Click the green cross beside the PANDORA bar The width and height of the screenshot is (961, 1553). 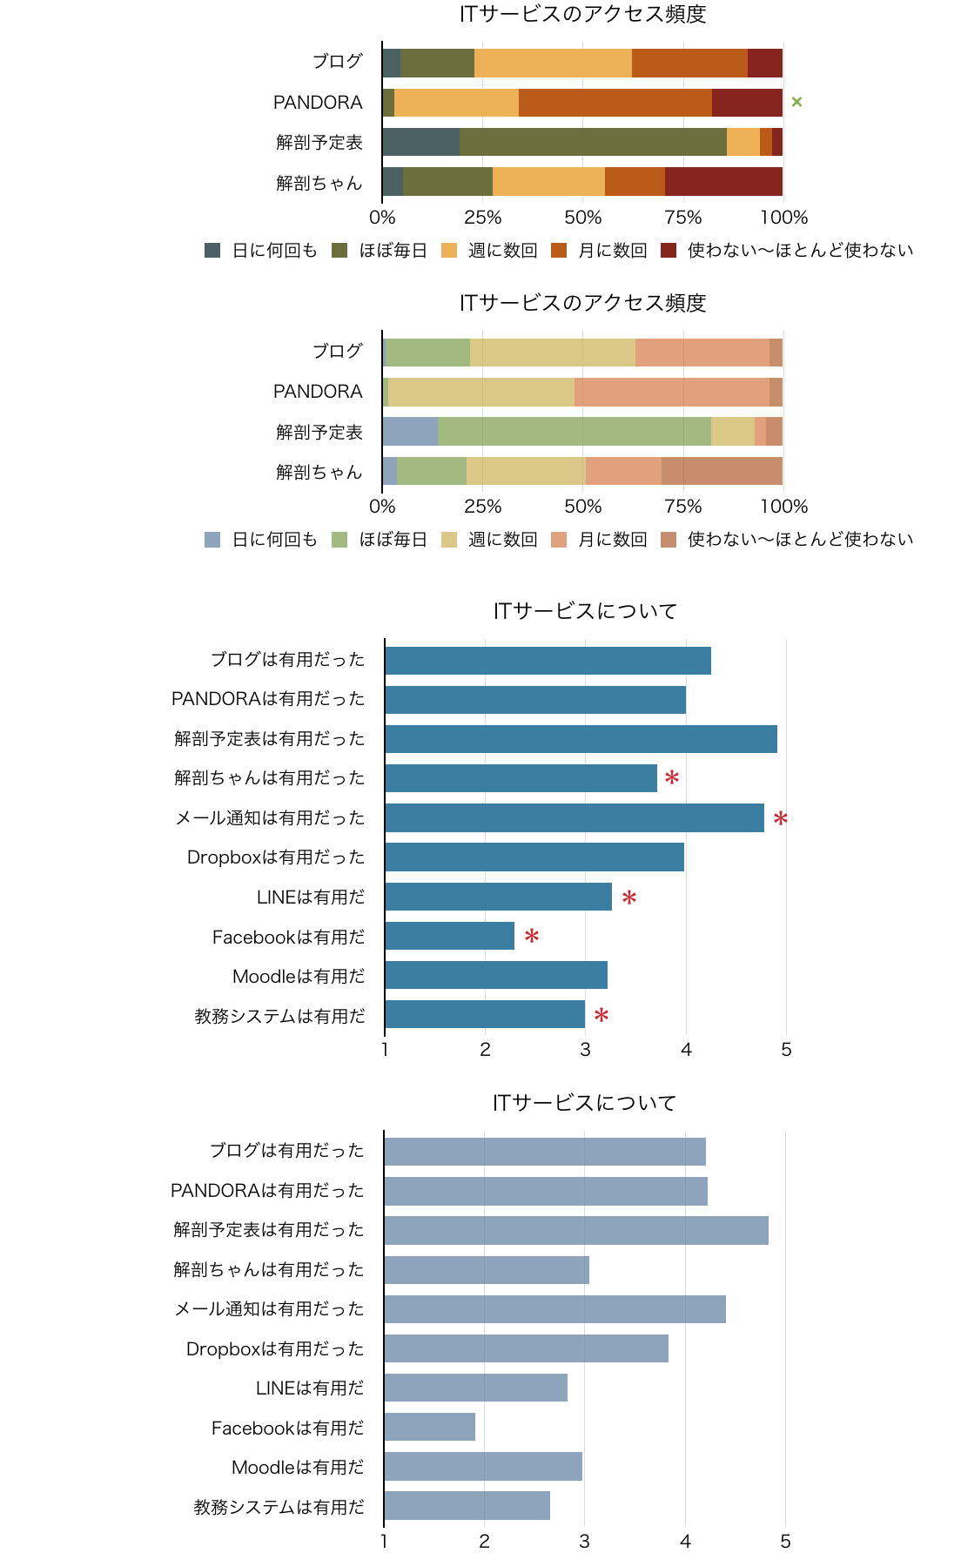coord(796,102)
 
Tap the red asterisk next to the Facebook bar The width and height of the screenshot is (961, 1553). coord(532,937)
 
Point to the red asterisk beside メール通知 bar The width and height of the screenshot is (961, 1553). coord(781,818)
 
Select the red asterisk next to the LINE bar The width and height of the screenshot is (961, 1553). coord(629,898)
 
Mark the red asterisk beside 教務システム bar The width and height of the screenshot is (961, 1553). coord(601,1015)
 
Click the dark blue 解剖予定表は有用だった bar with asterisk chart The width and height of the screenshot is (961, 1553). coord(581,739)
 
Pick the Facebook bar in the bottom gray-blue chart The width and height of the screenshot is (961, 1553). coord(430,1427)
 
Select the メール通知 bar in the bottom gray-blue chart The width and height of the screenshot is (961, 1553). coord(554,1309)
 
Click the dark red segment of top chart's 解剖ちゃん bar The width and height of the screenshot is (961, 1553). coord(723,182)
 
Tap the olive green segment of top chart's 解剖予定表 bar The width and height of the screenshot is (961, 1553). coord(593,142)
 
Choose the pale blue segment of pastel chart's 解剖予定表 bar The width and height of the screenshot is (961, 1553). coord(410,432)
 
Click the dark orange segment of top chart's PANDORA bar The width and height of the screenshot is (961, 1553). coord(615,103)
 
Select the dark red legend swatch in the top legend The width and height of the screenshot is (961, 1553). coord(669,251)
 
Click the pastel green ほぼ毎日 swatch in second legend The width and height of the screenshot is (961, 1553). coord(339,540)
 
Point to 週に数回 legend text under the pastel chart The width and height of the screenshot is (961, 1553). coord(502,540)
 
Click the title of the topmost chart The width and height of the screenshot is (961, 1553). coord(582,14)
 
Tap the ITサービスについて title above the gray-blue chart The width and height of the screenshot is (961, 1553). coord(584,1103)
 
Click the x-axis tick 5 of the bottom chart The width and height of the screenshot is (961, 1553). coord(785,1542)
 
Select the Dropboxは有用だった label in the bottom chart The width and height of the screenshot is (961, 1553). coord(275,1348)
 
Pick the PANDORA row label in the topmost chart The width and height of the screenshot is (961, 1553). coord(318,103)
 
